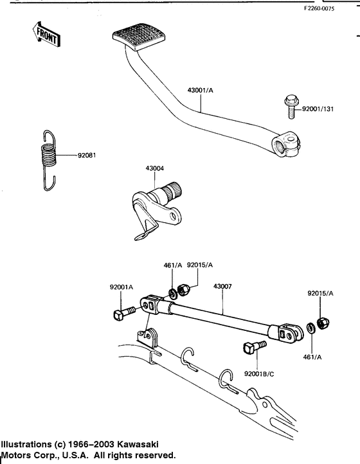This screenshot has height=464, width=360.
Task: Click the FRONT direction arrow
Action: tap(46, 34)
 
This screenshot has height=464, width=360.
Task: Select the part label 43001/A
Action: tap(200, 90)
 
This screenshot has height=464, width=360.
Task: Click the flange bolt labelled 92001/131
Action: tap(291, 107)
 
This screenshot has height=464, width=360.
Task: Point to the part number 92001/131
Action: tap(318, 109)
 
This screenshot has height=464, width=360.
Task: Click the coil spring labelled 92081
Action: tap(49, 160)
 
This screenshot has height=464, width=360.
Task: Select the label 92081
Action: tap(87, 155)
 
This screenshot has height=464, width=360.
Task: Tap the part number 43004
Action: tap(154, 168)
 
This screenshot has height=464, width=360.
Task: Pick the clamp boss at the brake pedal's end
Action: tap(285, 144)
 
